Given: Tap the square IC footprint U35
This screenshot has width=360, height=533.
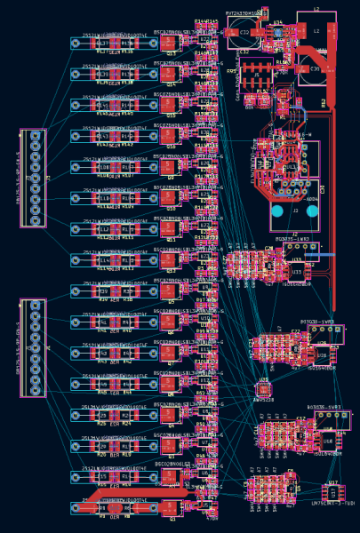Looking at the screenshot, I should click(x=264, y=389).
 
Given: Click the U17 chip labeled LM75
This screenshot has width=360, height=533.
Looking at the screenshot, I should click(x=332, y=491).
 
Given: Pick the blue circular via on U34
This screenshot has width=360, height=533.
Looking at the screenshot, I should click(x=277, y=32).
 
